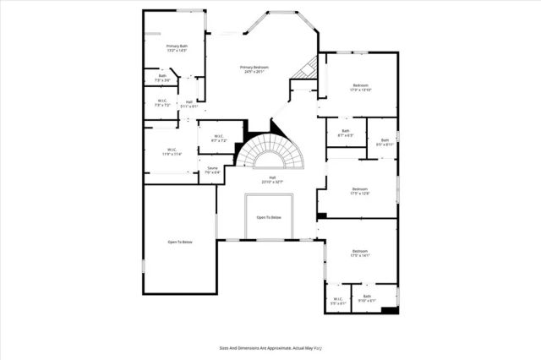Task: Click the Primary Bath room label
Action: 176,48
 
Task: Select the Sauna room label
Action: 213,171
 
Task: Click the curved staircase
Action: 270,155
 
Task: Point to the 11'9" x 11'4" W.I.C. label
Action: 172,152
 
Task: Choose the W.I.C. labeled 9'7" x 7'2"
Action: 218,138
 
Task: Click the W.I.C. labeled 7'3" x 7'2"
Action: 161,103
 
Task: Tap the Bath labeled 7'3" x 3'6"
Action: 162,78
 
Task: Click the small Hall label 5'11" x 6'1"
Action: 189,104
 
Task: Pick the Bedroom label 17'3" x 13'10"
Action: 360,88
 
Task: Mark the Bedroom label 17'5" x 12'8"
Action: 359,191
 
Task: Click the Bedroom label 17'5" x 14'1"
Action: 360,253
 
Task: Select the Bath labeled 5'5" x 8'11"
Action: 385,142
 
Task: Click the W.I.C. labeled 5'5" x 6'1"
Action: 337,299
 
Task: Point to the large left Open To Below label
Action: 180,243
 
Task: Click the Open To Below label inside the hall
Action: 268,217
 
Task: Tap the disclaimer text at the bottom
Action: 270,346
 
